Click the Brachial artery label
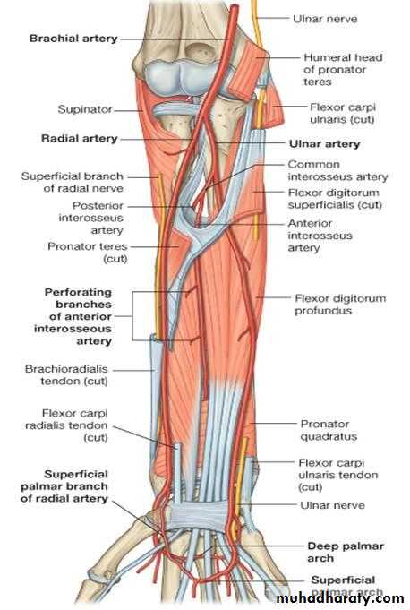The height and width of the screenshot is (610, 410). [73, 39]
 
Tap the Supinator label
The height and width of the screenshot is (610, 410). [85, 109]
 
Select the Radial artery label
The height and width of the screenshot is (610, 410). [80, 139]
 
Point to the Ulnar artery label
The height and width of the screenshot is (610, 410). [324, 144]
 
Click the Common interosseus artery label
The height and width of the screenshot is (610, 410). [337, 170]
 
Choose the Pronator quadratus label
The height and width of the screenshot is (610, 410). [329, 430]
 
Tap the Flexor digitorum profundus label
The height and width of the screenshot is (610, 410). [340, 305]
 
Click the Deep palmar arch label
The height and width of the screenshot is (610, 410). [346, 552]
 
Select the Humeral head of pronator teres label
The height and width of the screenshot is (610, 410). [343, 70]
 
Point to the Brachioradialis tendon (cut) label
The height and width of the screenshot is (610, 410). [66, 374]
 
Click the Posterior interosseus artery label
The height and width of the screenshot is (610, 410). [91, 218]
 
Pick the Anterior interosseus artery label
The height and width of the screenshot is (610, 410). [320, 236]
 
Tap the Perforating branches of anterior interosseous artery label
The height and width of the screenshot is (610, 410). [73, 316]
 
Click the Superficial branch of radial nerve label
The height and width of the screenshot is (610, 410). [73, 182]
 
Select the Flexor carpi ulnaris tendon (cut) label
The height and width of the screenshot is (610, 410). [338, 475]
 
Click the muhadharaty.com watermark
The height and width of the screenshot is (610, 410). [340, 598]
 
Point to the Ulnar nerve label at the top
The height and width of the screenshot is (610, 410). [325, 19]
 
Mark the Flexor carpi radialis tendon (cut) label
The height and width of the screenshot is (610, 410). [66, 425]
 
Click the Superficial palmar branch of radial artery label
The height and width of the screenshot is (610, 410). [64, 486]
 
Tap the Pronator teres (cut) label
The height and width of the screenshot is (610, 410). [88, 252]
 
